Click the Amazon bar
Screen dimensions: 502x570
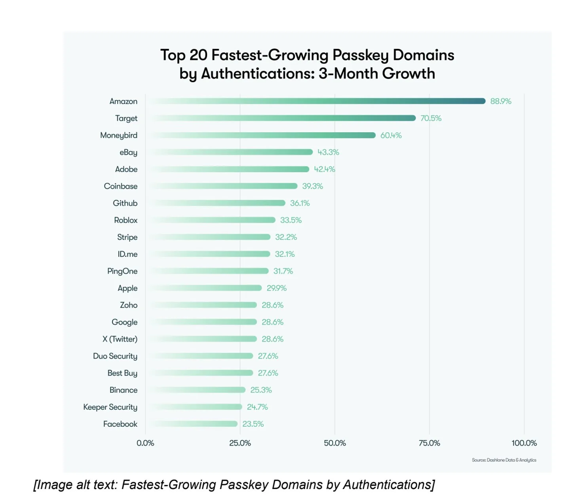(317, 101)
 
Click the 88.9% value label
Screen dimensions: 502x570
(501, 101)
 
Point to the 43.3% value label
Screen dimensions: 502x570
(328, 152)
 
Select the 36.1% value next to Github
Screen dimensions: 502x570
(300, 203)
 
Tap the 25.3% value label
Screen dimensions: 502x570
(261, 390)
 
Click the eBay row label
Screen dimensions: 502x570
(128, 152)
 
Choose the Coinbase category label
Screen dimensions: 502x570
(121, 186)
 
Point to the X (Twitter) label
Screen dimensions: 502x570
(120, 339)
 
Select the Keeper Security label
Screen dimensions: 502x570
(110, 407)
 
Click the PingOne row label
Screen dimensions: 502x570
(122, 271)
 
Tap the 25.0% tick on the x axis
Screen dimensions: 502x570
(240, 443)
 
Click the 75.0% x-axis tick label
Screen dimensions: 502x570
(429, 443)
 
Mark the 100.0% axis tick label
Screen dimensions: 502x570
(524, 443)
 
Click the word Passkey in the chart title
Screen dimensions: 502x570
(360, 55)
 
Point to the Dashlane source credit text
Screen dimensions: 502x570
(504, 460)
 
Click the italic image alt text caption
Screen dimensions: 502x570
(234, 485)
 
